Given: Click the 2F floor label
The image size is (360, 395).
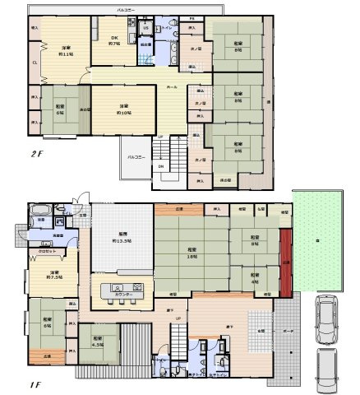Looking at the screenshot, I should click(39, 153).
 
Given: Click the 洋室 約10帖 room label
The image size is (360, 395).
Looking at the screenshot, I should click(122, 108).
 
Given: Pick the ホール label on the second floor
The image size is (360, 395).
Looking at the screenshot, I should click(173, 86).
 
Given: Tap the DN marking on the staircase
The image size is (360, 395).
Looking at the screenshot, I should click(160, 165).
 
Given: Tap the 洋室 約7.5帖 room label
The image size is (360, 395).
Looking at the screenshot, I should click(55, 274).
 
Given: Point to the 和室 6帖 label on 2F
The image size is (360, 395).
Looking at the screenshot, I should click(60, 106).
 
